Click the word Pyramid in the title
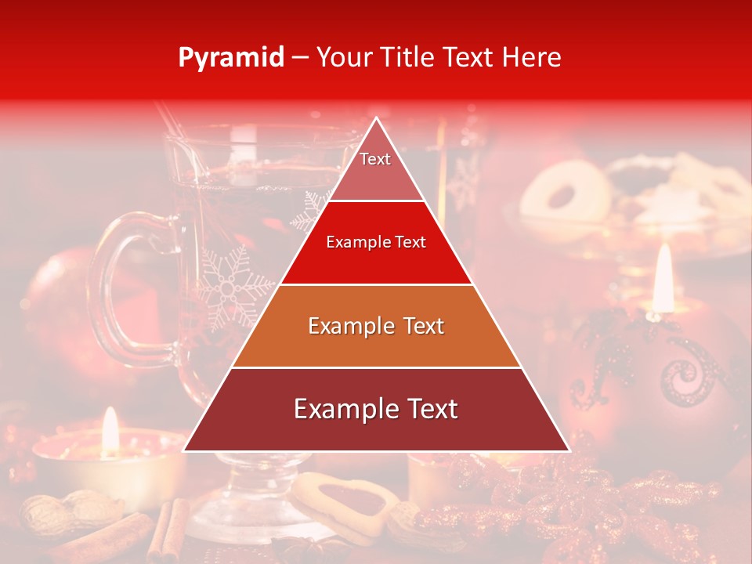click(230, 58)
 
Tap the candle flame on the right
click(663, 274)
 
